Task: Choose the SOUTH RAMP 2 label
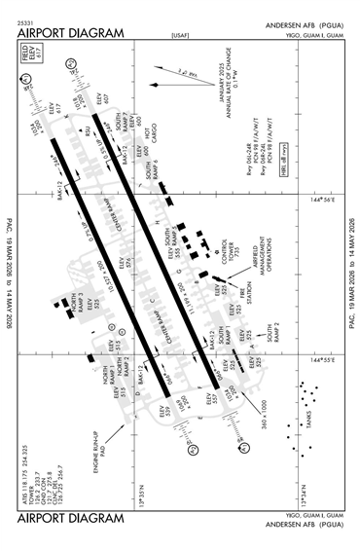(x=275, y=331)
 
